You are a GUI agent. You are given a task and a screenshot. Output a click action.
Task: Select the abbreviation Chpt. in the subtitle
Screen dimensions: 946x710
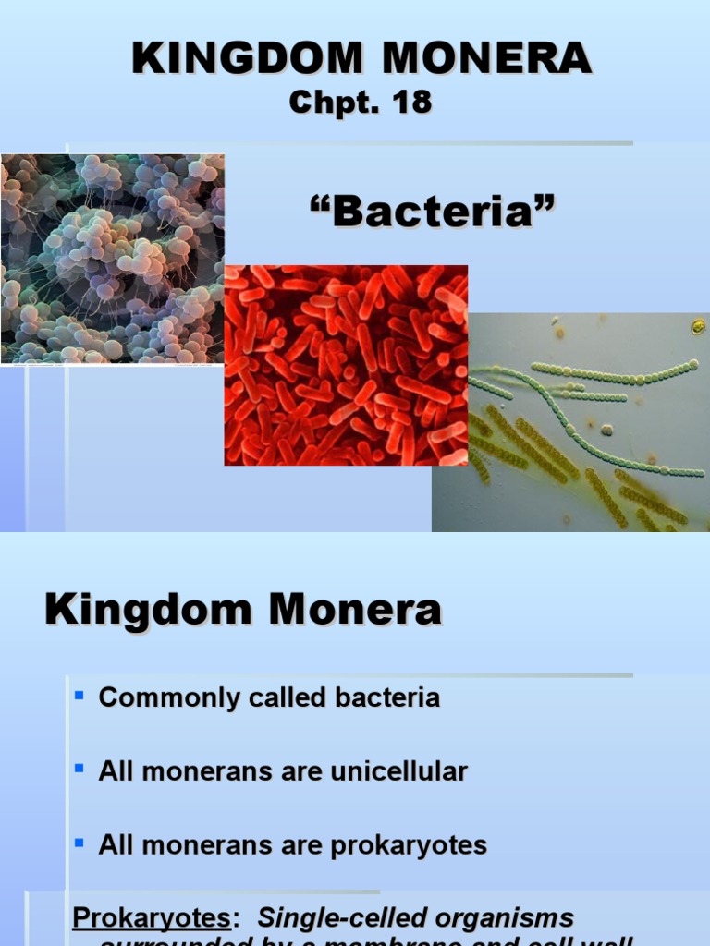[x=330, y=103]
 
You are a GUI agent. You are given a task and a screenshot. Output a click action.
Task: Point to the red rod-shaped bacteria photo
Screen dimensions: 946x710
[x=346, y=365]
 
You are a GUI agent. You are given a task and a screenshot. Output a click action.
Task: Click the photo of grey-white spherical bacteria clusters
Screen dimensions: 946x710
[x=111, y=259]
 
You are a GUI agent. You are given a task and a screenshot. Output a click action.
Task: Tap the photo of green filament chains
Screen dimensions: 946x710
[x=570, y=422]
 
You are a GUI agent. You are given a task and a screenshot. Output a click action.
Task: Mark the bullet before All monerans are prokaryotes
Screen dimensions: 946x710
[x=79, y=842]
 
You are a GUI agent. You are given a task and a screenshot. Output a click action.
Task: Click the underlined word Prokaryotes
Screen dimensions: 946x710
[x=151, y=918]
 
